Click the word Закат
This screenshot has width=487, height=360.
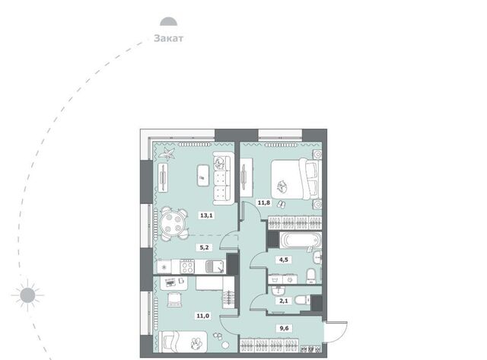pyautogui.click(x=169, y=38)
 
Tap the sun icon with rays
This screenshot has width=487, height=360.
pyautogui.click(x=27, y=295)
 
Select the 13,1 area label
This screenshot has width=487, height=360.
pyautogui.click(x=206, y=215)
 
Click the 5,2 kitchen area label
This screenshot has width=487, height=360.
pyautogui.click(x=204, y=247)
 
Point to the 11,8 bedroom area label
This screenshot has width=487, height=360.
pyautogui.click(x=264, y=202)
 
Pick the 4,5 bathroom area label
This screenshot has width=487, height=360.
pyautogui.click(x=284, y=260)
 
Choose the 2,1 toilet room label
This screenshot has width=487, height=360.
pyautogui.click(x=284, y=301)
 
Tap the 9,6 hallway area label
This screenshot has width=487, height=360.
pyautogui.click(x=284, y=328)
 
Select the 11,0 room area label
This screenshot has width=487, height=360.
pyautogui.click(x=202, y=316)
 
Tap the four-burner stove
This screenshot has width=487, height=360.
pyautogui.click(x=188, y=267)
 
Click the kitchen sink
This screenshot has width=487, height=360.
pyautogui.click(x=215, y=267)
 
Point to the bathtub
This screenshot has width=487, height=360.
pyautogui.click(x=301, y=240)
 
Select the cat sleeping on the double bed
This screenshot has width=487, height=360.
pyautogui.click(x=282, y=186)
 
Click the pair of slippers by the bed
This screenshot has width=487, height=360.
pyautogui.click(x=281, y=205)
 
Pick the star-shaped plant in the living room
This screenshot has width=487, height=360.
pyautogui.click(x=167, y=153)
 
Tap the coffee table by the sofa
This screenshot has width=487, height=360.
pyautogui.click(x=202, y=176)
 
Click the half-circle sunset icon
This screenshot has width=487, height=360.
pyautogui.click(x=169, y=22)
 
